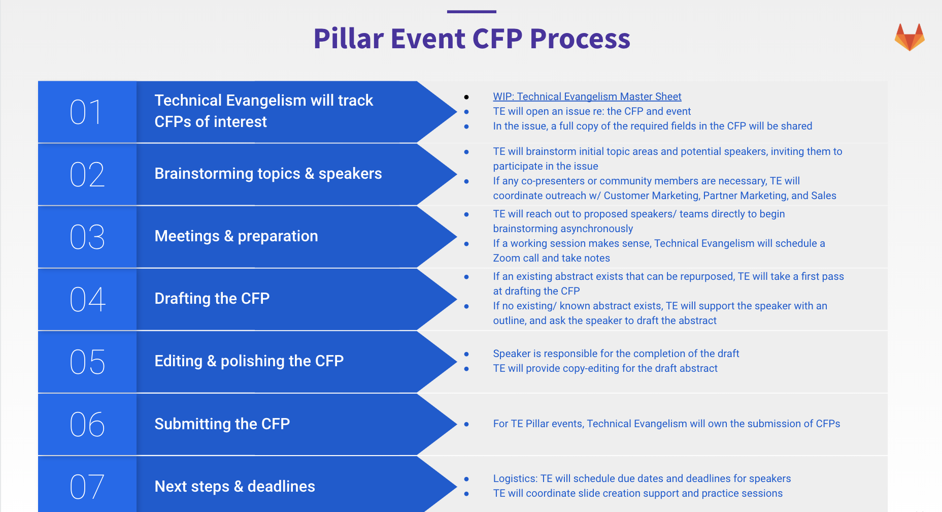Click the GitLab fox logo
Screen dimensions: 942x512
click(x=910, y=37)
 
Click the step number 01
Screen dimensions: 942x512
click(x=86, y=112)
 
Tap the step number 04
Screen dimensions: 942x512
click(x=87, y=299)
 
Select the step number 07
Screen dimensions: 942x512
click(x=87, y=487)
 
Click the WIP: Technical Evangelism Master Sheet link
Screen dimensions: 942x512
click(x=587, y=97)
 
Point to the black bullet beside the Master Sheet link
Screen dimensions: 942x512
click(x=466, y=97)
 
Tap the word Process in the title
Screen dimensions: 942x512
click(x=580, y=39)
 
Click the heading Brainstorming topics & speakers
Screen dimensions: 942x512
click(x=268, y=174)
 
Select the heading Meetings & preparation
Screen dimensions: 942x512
click(x=236, y=236)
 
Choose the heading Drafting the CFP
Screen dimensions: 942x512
click(x=212, y=299)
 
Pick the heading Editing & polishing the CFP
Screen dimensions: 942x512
click(x=249, y=361)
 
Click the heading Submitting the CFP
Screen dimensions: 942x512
click(x=222, y=424)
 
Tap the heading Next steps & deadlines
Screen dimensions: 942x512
click(x=234, y=487)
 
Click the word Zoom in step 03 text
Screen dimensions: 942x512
click(x=507, y=258)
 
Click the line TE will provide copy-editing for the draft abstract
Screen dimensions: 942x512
click(x=605, y=368)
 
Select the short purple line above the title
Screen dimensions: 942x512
click(x=472, y=12)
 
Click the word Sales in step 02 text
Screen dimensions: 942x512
click(x=823, y=196)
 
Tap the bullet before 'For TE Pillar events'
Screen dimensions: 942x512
click(x=466, y=424)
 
